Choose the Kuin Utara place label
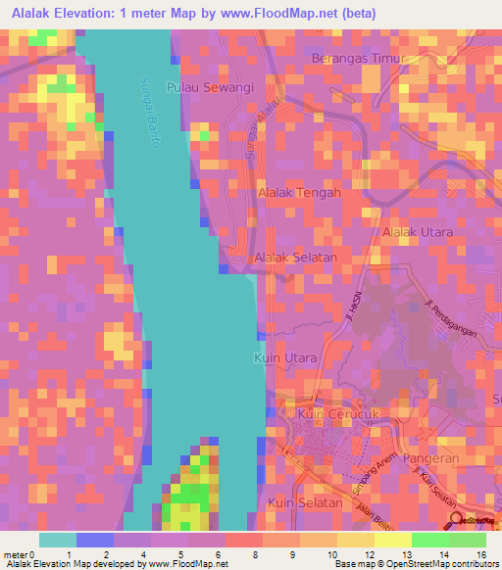pos(285,358)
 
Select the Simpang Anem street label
pos(371,475)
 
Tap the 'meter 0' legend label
pos(20,554)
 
